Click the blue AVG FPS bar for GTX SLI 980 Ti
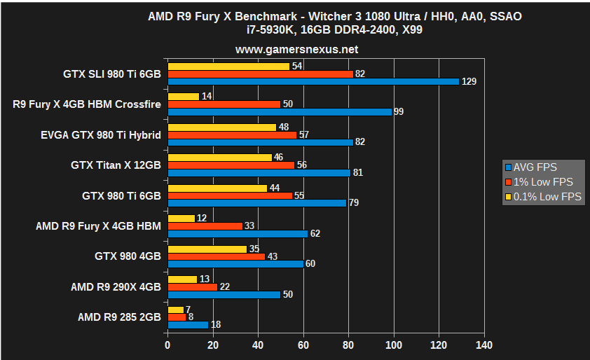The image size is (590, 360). click(x=313, y=81)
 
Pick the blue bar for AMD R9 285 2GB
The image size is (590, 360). click(x=188, y=324)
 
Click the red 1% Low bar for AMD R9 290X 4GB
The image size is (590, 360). click(x=193, y=286)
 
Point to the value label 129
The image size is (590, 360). click(x=469, y=82)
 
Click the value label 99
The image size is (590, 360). click(x=399, y=112)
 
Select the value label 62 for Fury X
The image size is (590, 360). click(x=315, y=233)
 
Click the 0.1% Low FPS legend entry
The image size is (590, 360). click(x=543, y=197)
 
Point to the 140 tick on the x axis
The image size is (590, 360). click(x=483, y=345)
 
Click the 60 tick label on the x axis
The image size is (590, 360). click(x=303, y=345)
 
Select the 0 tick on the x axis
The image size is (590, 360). click(x=167, y=345)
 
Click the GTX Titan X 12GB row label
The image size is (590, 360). click(x=116, y=165)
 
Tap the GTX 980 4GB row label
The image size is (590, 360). click(x=128, y=256)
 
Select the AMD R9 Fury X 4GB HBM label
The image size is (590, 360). click(x=98, y=226)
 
